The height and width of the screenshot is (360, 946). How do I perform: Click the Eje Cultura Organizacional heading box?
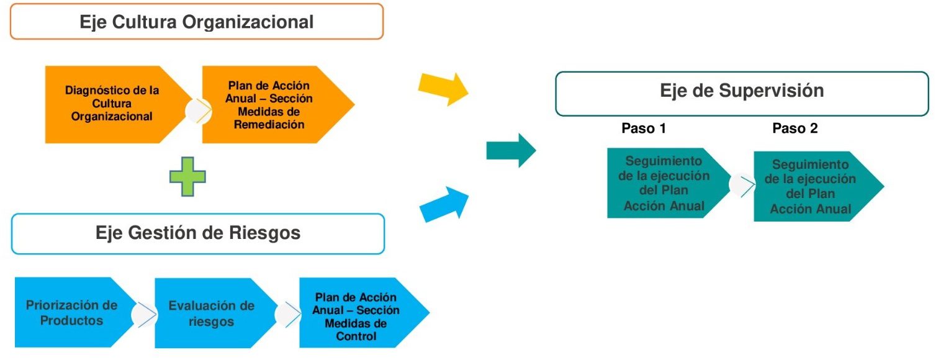(x=197, y=22)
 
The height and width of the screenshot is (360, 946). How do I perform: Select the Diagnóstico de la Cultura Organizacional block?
(x=112, y=104)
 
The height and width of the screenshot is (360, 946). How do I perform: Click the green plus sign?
(x=187, y=176)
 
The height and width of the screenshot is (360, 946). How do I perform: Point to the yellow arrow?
(x=444, y=88)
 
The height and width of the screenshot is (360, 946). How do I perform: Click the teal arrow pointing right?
(x=511, y=150)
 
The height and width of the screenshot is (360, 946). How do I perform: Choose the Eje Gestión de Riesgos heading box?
(x=198, y=233)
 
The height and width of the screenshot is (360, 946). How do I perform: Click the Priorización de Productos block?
(x=71, y=313)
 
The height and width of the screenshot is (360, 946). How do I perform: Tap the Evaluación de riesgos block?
(x=212, y=313)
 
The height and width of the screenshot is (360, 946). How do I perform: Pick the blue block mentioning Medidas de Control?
(x=357, y=316)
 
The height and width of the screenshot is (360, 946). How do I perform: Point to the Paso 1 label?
(x=644, y=128)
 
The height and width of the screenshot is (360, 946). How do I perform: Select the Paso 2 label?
(x=795, y=128)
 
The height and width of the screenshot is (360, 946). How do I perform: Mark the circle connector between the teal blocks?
(x=741, y=184)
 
